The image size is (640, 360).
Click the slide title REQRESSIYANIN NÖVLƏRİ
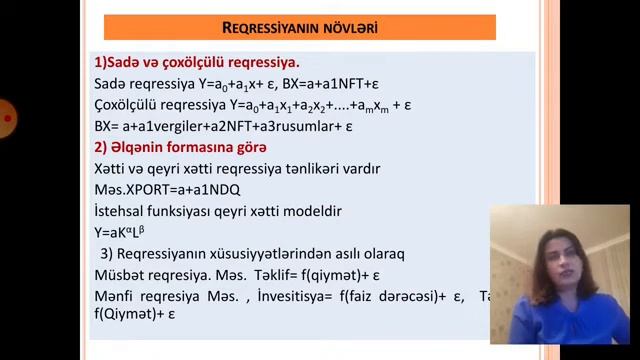(299, 27)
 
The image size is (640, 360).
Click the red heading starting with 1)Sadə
(196, 62)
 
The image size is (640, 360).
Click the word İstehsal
(121, 212)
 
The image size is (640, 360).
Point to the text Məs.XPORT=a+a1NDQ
(167, 190)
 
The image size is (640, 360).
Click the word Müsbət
(119, 275)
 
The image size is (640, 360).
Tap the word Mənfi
(115, 296)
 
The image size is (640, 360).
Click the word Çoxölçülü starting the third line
(129, 105)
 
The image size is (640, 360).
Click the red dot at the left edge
(7, 118)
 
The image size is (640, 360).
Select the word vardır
(359, 169)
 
